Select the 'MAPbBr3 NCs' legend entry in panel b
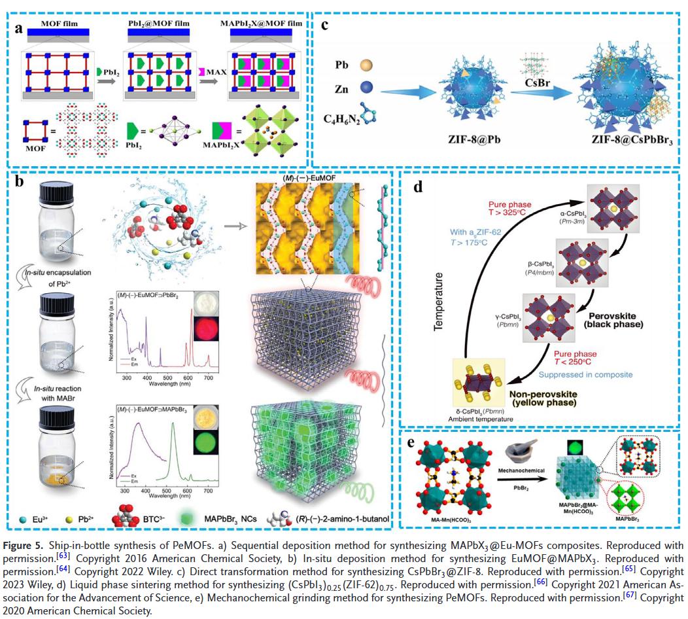pyautogui.click(x=232, y=520)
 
